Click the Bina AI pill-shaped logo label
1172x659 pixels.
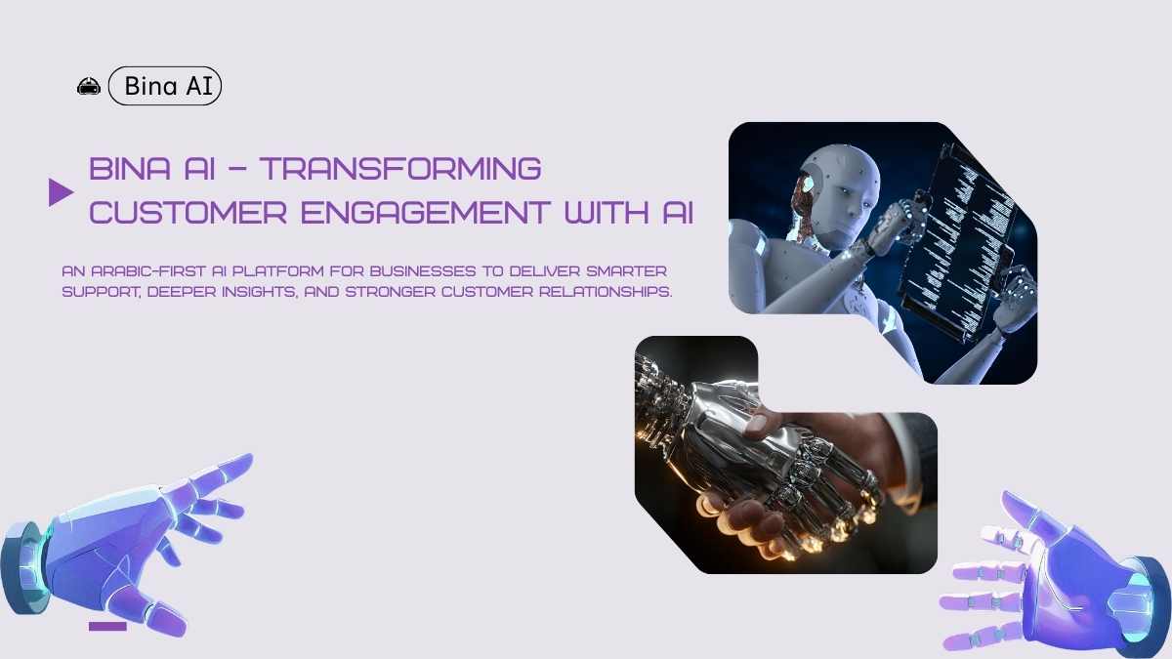point(165,86)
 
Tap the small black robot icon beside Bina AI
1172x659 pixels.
point(89,86)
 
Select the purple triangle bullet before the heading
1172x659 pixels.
point(61,192)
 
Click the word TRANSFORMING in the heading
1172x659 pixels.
point(400,168)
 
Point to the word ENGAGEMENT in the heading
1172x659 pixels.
point(425,213)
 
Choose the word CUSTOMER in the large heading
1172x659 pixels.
point(188,213)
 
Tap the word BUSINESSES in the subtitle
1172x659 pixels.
point(423,271)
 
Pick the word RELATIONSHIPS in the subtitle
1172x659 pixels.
point(606,292)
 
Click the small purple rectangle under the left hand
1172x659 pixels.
point(107,627)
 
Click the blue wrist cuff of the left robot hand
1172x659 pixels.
point(22,567)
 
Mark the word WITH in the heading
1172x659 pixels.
point(606,213)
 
